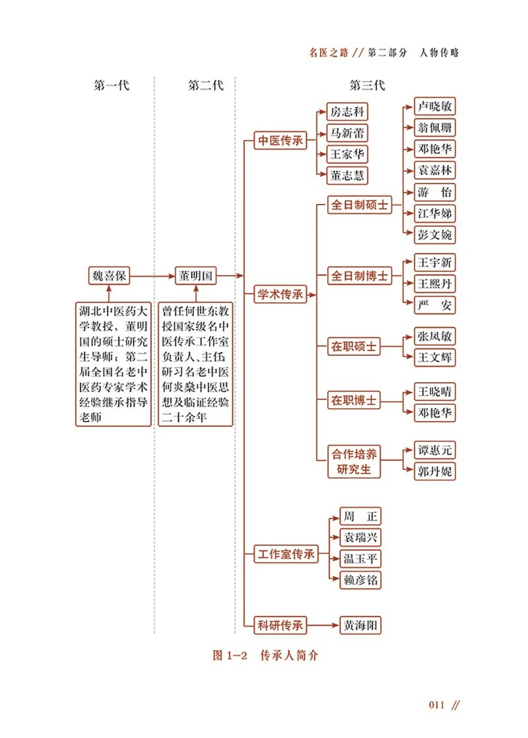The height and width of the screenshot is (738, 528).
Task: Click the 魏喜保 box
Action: [x=109, y=276]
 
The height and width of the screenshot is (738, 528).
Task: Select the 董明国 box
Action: [x=195, y=276]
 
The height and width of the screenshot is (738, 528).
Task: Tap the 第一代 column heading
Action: [x=112, y=86]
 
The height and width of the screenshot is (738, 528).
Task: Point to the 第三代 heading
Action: [x=367, y=86]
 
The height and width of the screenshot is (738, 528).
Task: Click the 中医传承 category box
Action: [x=280, y=141]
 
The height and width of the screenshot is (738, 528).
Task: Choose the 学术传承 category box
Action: [x=280, y=295]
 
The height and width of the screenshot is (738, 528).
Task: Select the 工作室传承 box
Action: [x=286, y=554]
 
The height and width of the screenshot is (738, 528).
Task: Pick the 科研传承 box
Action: [x=280, y=624]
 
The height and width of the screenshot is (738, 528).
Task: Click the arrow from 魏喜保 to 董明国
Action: [x=152, y=276]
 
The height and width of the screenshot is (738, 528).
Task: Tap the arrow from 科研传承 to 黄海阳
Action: [x=323, y=624]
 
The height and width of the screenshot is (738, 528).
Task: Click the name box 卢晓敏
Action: [x=435, y=106]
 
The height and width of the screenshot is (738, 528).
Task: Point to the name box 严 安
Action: [x=435, y=305]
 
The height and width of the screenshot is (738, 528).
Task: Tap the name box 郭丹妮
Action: [x=435, y=471]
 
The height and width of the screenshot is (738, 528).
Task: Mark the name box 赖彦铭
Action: [x=360, y=580]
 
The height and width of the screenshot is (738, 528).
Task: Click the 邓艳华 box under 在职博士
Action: [x=435, y=413]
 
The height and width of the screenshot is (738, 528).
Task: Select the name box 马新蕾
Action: [x=347, y=133]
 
